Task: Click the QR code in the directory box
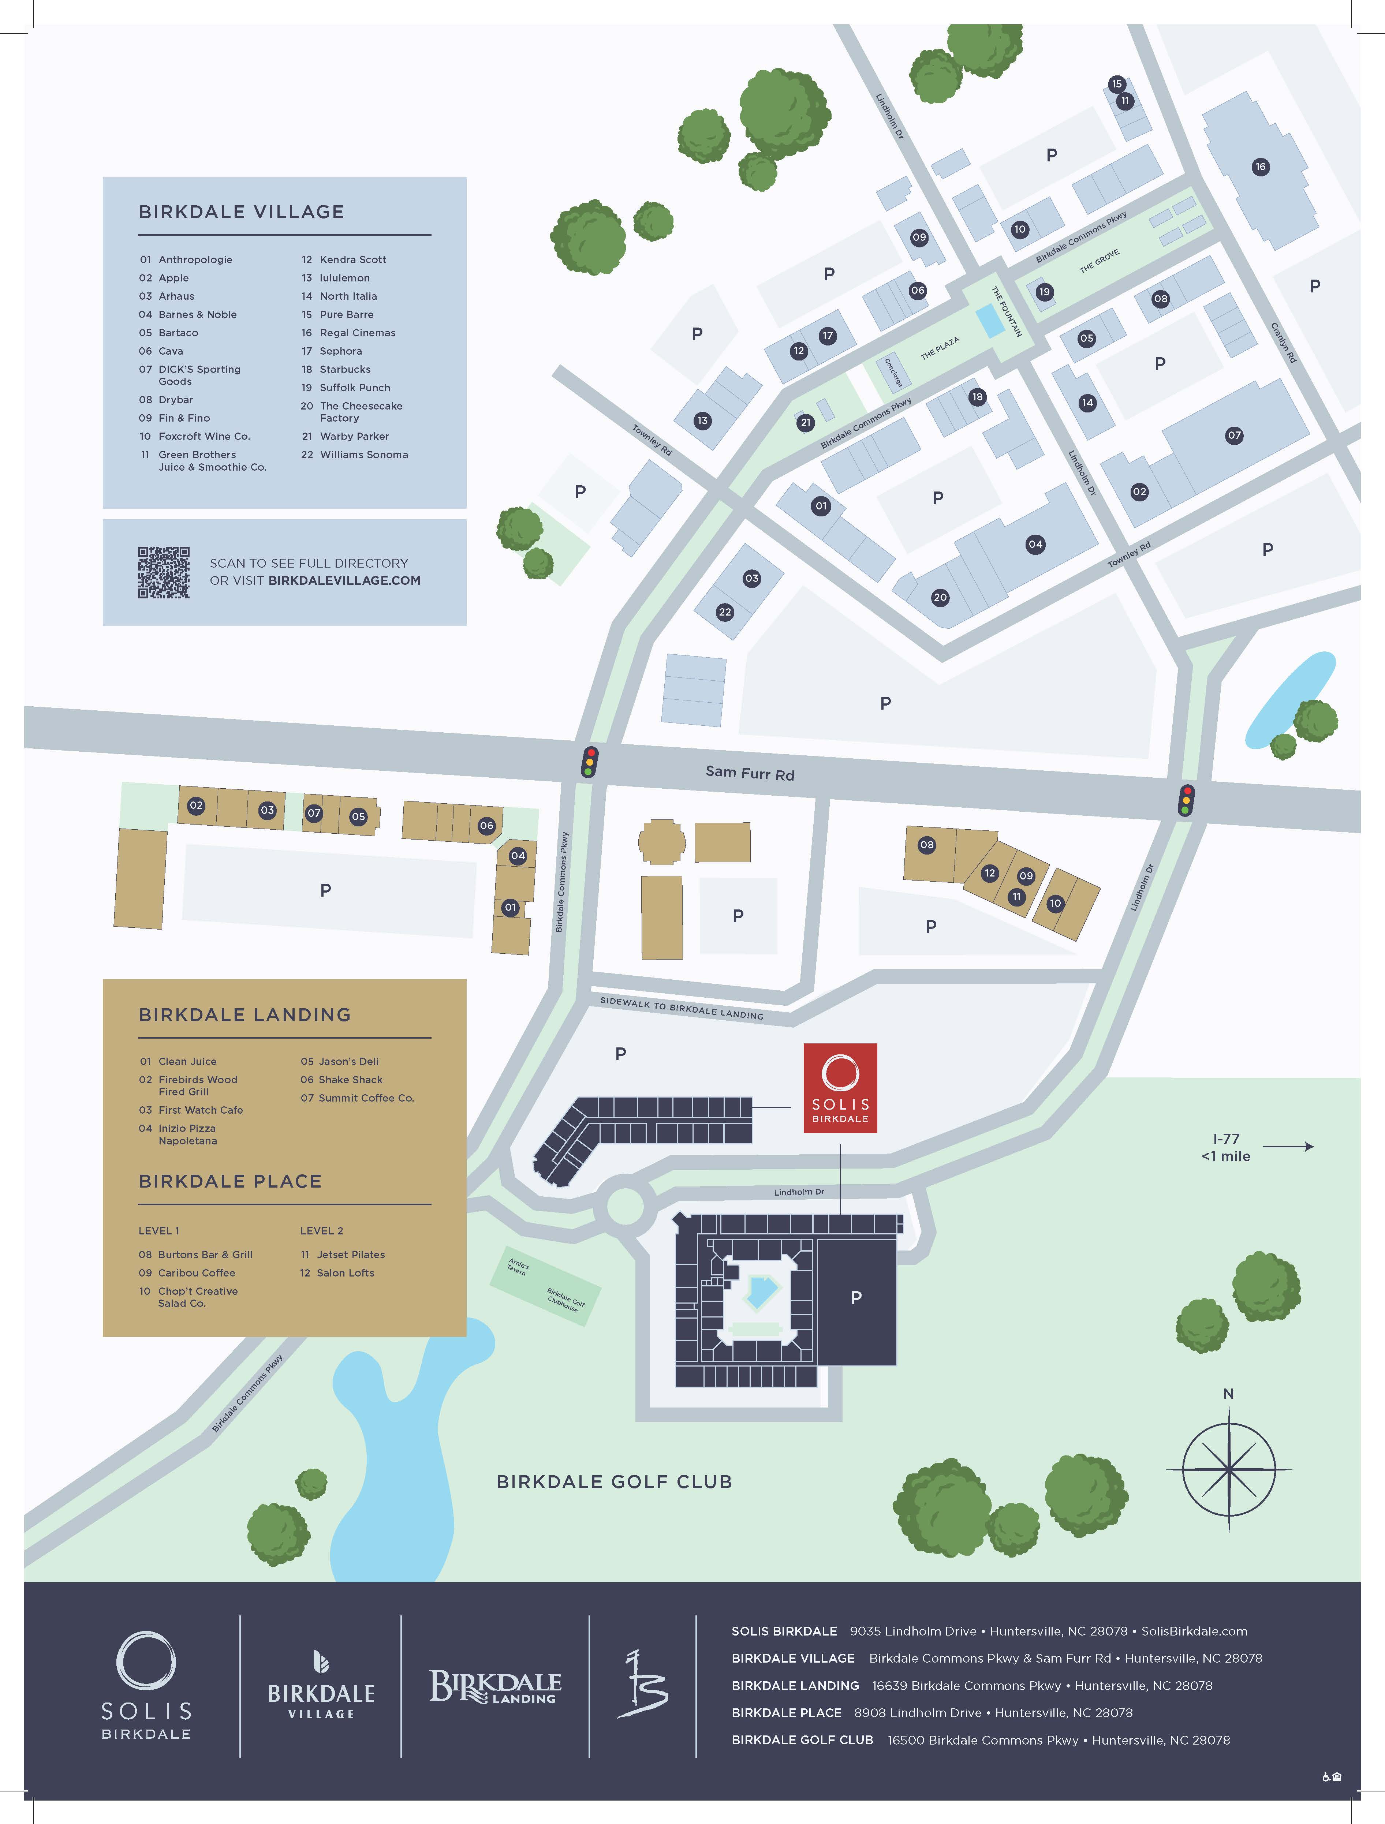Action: tap(163, 572)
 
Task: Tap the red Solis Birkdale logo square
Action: tap(840, 1088)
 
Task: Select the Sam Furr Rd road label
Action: tap(749, 773)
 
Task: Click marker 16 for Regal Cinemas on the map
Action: tap(1259, 167)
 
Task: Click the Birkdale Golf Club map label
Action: tap(614, 1482)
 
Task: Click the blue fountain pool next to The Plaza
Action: tap(989, 321)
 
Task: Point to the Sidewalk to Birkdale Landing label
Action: tap(682, 1008)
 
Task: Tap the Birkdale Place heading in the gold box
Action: tap(230, 1181)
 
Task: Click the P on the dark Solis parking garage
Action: tap(856, 1297)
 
